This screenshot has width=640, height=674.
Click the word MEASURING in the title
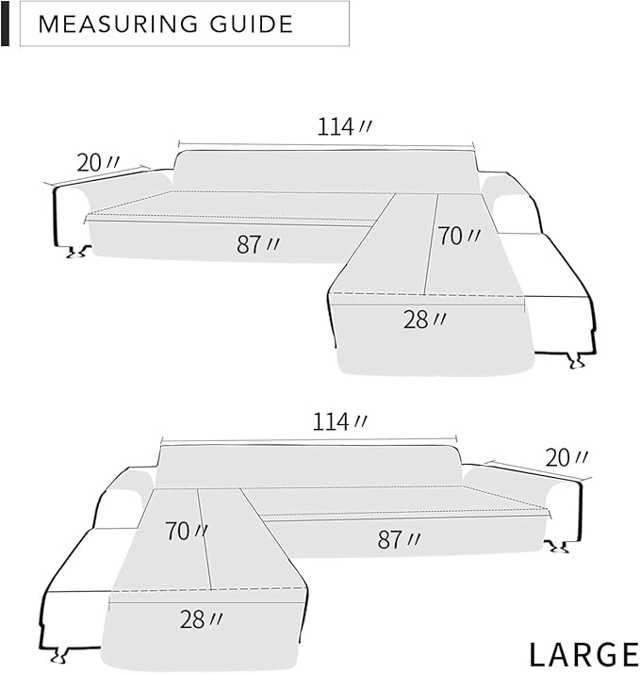tap(118, 25)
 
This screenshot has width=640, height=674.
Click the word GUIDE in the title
tap(252, 25)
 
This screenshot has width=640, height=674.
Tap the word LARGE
tap(584, 654)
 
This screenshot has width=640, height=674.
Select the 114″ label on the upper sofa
tap(344, 127)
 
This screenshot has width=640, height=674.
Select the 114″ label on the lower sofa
tap(339, 421)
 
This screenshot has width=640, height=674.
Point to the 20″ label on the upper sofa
tap(98, 162)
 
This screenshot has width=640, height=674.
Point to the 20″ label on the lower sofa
tap(566, 458)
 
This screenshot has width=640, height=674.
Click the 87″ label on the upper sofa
tap(258, 244)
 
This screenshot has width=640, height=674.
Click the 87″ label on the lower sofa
tap(399, 539)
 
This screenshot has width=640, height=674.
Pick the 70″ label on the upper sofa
tap(459, 236)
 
